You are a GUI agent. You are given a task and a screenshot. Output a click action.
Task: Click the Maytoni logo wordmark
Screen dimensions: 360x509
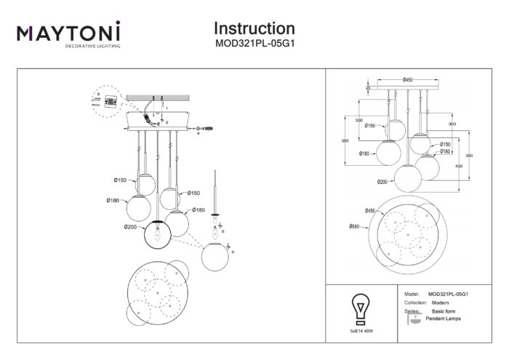click(x=68, y=33)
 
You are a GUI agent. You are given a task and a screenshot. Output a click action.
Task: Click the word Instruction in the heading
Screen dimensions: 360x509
click(x=254, y=28)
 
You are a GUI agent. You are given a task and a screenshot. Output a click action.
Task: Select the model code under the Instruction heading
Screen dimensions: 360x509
click(x=254, y=44)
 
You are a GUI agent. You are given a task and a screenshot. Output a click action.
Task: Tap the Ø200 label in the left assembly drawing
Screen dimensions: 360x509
click(x=130, y=228)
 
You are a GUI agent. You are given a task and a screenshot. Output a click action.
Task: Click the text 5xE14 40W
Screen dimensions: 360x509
click(x=359, y=339)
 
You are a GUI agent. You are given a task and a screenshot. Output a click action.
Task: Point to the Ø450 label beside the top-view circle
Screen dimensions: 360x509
click(x=353, y=211)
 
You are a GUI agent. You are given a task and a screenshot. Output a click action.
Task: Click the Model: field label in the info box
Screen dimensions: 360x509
click(x=410, y=295)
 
